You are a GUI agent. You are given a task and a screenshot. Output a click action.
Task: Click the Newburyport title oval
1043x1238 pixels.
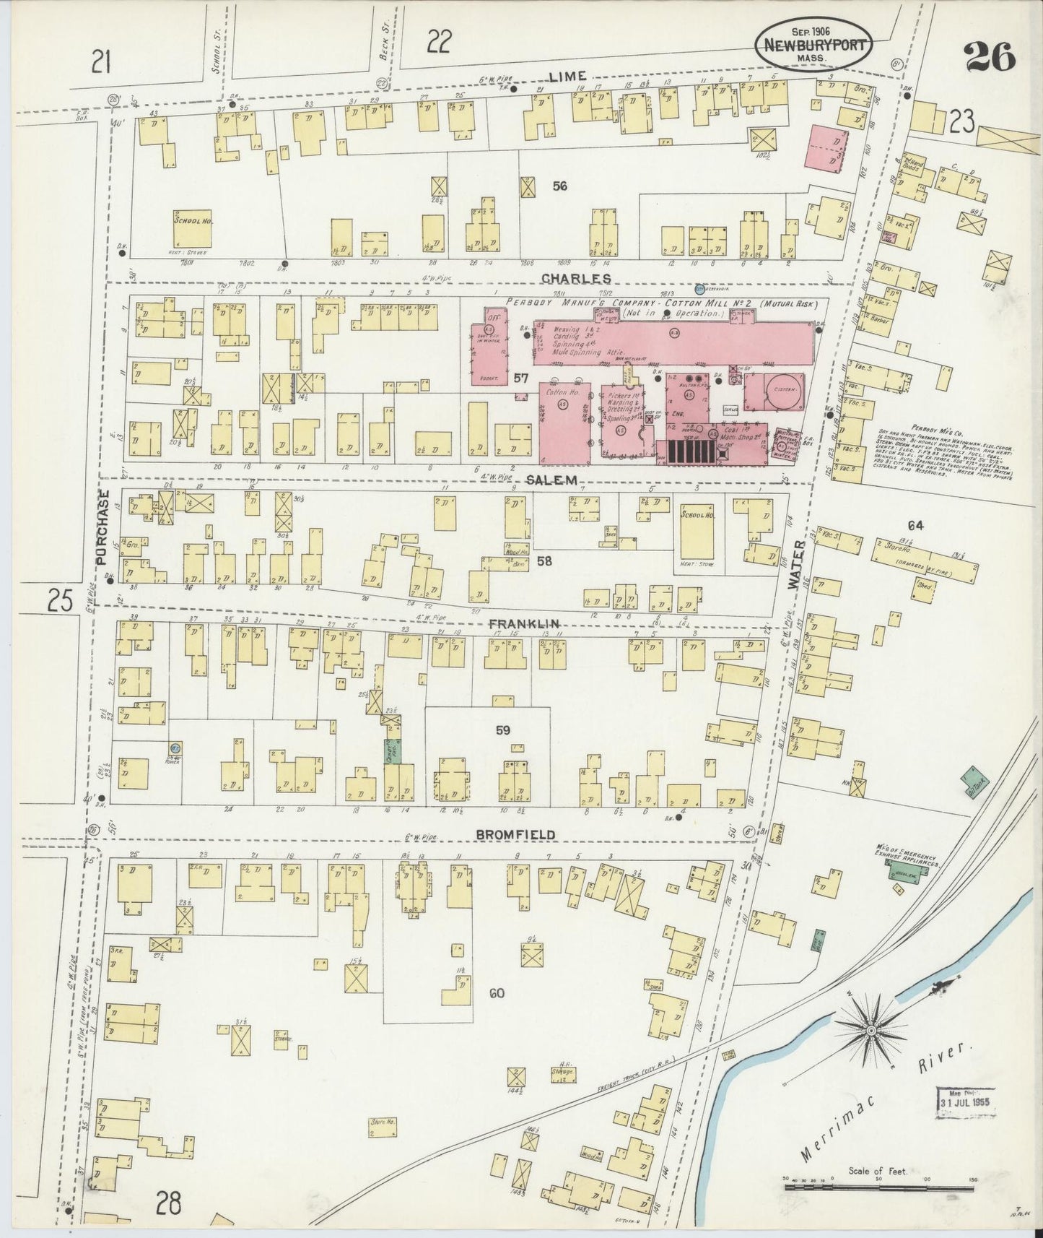(813, 43)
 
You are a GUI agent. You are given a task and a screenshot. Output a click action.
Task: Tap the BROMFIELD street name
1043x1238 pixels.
(515, 834)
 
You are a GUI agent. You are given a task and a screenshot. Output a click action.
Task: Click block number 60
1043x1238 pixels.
(496, 993)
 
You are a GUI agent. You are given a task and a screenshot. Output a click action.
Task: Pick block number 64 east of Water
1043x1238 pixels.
(916, 525)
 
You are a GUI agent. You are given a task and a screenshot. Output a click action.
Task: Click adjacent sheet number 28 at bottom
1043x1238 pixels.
(168, 1204)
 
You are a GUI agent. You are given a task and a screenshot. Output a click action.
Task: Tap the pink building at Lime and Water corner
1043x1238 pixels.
(827, 149)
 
